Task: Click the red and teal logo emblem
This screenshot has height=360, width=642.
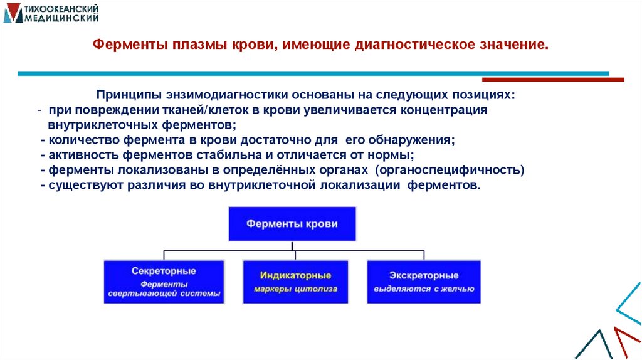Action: click(x=12, y=13)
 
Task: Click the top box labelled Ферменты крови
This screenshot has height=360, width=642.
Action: click(x=292, y=223)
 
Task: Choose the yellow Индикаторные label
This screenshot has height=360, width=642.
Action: click(x=295, y=275)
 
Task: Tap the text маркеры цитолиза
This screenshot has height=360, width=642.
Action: click(x=295, y=290)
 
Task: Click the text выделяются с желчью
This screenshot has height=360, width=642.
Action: click(x=423, y=290)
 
